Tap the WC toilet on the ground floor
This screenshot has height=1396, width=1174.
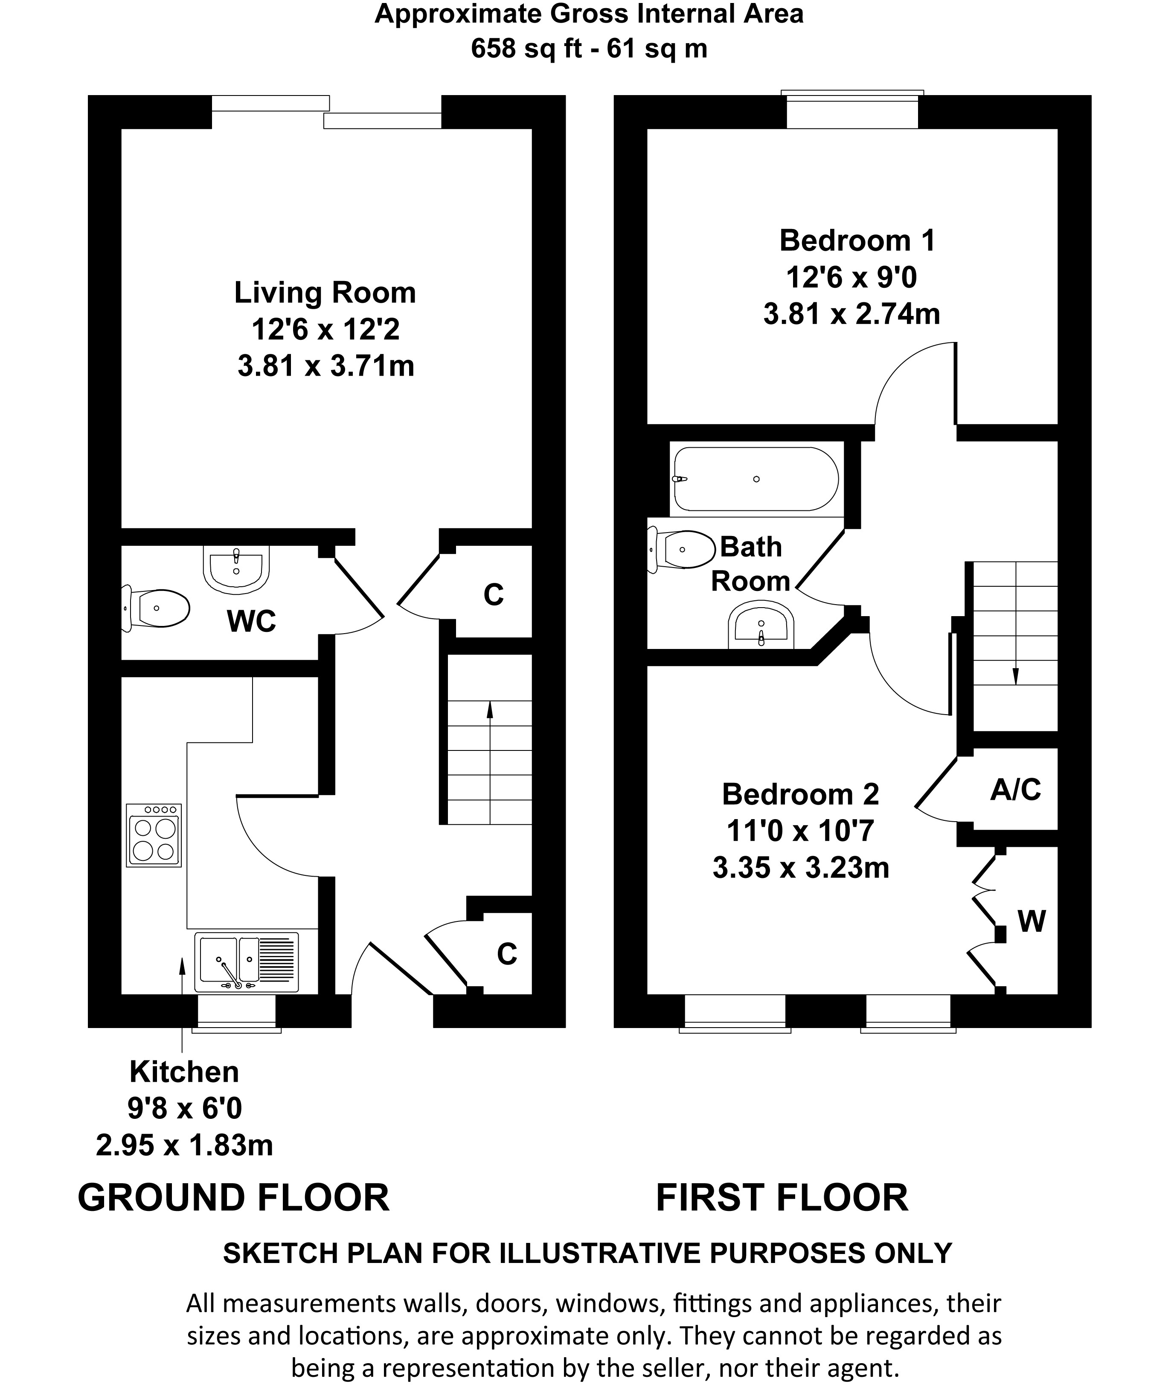click(x=156, y=608)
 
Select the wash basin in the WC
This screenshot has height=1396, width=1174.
click(x=236, y=569)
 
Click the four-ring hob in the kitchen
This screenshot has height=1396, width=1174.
click(x=154, y=835)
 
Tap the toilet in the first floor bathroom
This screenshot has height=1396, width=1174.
click(x=682, y=549)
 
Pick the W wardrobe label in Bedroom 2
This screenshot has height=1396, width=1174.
click(x=1032, y=921)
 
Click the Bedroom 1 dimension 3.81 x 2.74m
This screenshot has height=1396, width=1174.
click(x=851, y=314)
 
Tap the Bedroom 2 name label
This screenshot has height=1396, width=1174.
click(x=801, y=794)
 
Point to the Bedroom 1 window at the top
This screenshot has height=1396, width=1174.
click(x=852, y=110)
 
